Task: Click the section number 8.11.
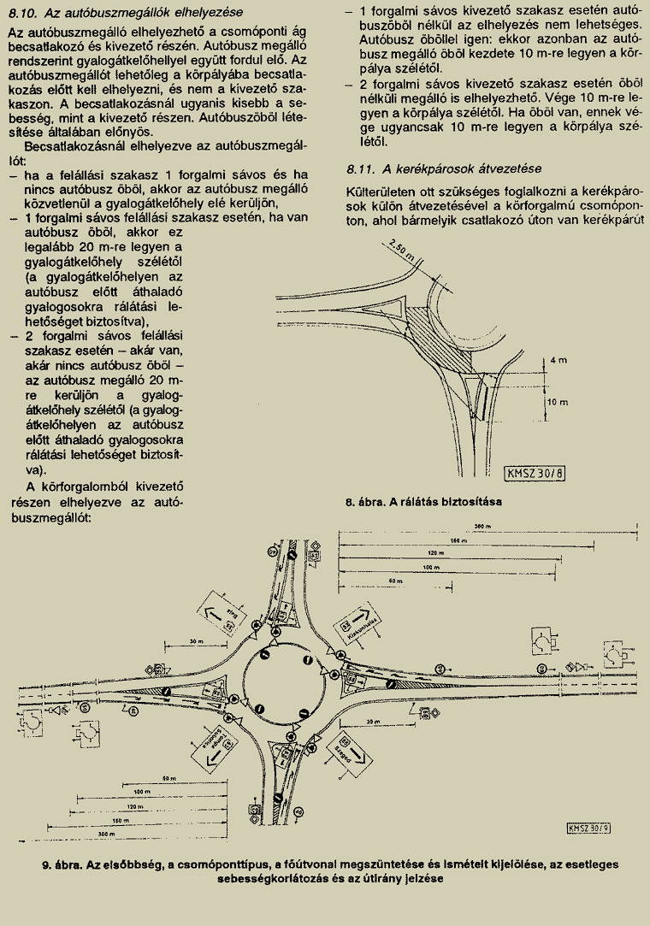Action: tap(363, 168)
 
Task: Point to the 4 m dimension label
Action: tap(557, 360)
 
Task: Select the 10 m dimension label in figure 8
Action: tap(557, 400)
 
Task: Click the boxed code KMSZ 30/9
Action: tap(588, 827)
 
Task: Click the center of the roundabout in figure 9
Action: tap(287, 678)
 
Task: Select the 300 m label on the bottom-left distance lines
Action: tap(106, 833)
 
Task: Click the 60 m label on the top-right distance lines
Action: tap(393, 581)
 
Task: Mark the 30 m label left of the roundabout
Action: tap(199, 641)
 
